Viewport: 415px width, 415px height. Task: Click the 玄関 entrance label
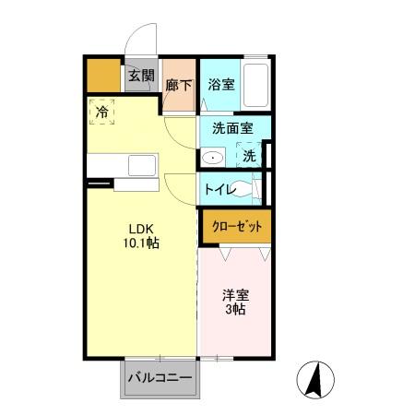click(140, 76)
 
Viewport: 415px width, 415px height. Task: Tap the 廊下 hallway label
click(179, 85)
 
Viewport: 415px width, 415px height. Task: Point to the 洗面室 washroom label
click(233, 130)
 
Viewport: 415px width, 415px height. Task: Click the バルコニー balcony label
click(159, 378)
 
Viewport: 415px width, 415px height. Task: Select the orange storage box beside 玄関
click(104, 76)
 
